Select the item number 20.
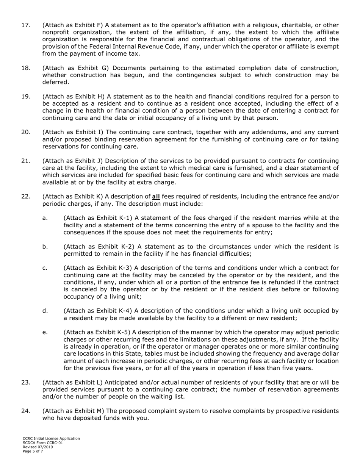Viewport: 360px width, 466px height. (25, 132)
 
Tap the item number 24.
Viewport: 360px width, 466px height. (25, 411)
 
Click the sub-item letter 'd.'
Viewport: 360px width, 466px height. (45, 311)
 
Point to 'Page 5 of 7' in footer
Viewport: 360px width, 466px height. (33, 451)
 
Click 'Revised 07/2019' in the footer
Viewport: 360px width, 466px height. (38, 447)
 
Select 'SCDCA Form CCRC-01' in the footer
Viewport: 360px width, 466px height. (43, 443)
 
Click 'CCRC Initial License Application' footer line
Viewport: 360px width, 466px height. (51, 438)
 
